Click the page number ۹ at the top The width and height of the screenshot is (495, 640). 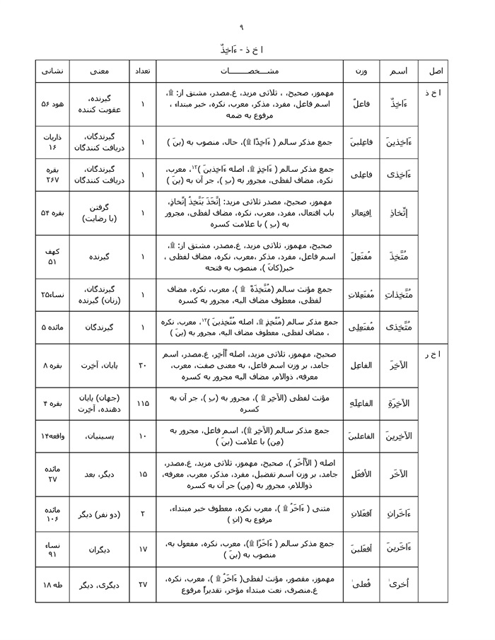(241, 28)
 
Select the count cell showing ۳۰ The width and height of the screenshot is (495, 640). (142, 366)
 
